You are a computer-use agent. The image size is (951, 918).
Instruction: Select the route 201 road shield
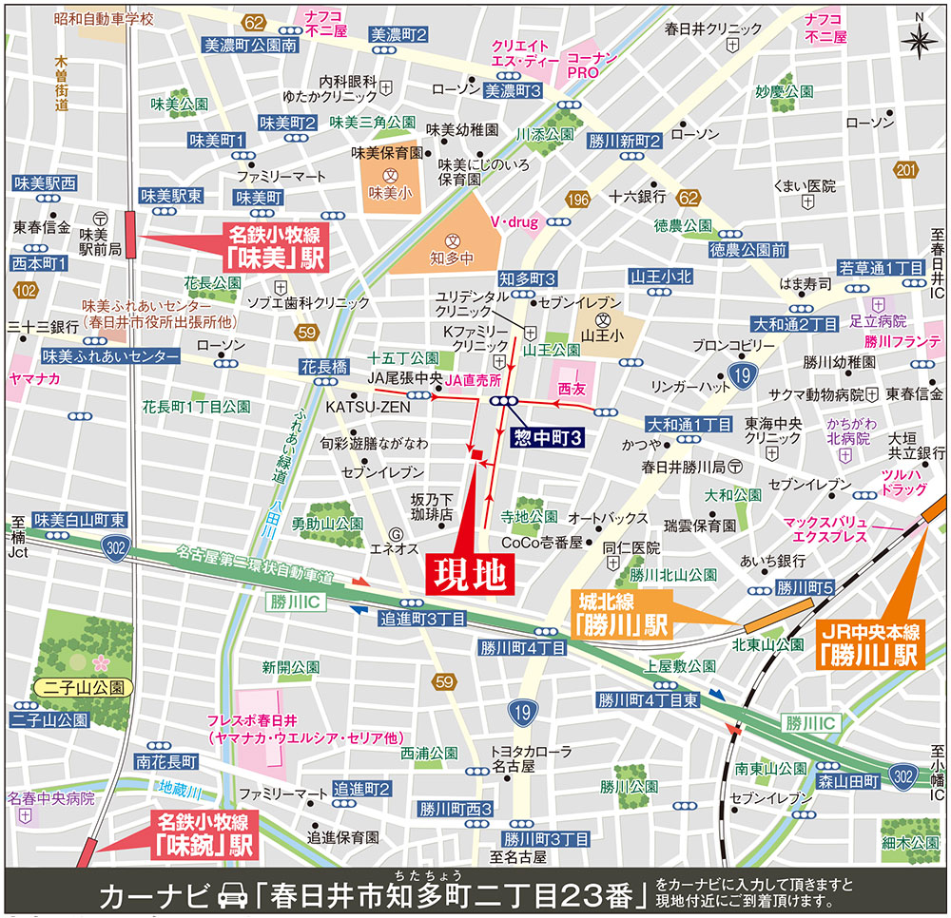click(x=903, y=170)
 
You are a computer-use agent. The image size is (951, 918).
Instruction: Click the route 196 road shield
click(x=576, y=200)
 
